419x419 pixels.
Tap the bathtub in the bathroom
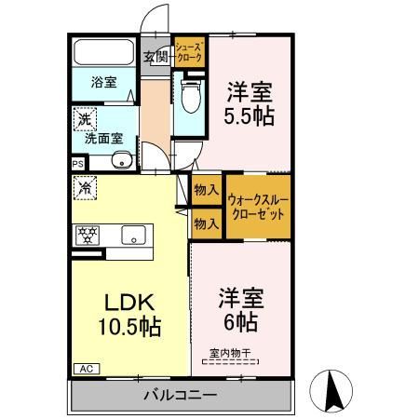104,53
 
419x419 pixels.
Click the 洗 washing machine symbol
84,119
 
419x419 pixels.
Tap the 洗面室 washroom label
103,139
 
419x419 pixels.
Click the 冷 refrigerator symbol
84,185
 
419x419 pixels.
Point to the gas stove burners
88,236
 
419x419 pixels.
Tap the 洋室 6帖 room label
241,310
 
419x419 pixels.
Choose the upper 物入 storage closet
205,190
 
